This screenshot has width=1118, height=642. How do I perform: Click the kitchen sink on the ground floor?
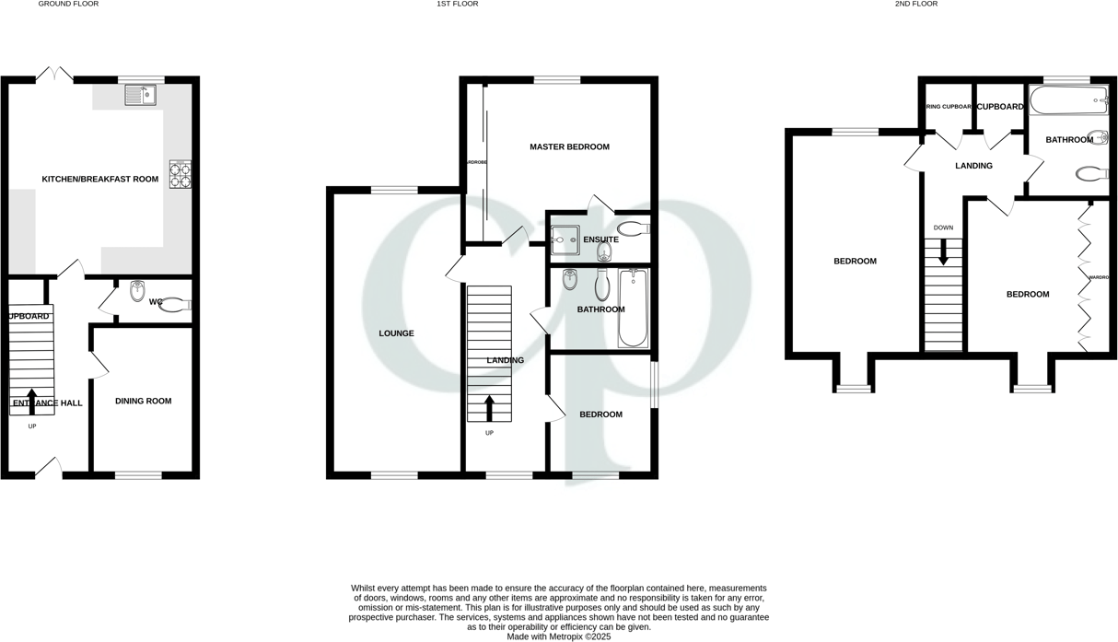coord(140,95)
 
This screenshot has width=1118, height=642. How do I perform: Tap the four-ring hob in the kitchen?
coord(180,173)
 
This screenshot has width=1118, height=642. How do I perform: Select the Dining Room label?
coord(143,401)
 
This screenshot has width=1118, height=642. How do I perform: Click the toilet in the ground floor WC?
coord(174,305)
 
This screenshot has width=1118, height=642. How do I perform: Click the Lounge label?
coord(396,333)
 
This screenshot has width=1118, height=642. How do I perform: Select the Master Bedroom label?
coord(569,146)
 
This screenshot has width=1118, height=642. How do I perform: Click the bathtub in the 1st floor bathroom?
coord(633,308)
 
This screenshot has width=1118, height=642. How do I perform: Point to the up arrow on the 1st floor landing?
coord(489,407)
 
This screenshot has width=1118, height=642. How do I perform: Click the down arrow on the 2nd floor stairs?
coord(943,251)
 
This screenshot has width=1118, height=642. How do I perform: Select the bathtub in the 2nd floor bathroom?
coord(1069,99)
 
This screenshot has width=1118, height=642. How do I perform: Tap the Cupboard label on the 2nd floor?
coord(1000,107)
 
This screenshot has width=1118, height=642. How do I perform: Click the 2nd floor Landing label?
coord(973,166)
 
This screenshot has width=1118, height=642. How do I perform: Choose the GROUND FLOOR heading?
coord(68,5)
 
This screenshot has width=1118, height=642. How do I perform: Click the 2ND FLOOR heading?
coord(915,5)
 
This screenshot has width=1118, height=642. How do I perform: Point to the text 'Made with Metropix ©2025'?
coord(558,636)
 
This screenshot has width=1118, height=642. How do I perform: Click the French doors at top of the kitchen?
coord(54,74)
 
